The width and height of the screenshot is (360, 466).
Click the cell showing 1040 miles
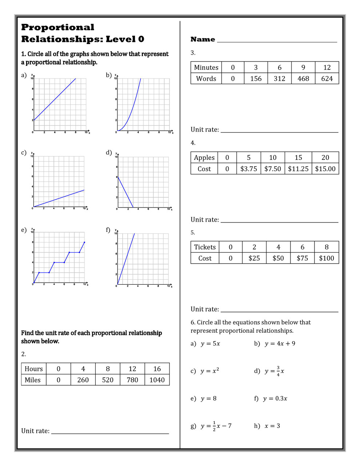(x=157, y=380)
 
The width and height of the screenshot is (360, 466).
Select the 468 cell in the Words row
(x=303, y=79)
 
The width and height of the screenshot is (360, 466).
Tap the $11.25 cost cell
(x=298, y=169)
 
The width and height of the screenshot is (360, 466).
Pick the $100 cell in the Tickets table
(x=327, y=258)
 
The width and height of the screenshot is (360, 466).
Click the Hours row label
(x=33, y=369)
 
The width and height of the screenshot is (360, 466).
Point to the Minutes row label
(x=206, y=67)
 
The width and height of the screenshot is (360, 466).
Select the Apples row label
(x=204, y=158)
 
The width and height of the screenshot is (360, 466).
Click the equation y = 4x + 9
(x=280, y=344)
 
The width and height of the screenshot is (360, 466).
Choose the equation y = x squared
(x=210, y=371)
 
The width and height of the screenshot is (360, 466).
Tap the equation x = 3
(x=272, y=426)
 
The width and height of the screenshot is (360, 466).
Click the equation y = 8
(x=209, y=399)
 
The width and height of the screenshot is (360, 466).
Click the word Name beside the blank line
(x=203, y=39)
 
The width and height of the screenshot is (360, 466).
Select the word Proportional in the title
(x=58, y=27)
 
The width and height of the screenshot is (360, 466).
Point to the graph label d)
(x=109, y=153)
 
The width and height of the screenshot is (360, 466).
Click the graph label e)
(x=24, y=230)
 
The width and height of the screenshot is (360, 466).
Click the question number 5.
(x=193, y=233)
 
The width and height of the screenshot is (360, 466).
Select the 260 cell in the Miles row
(x=83, y=380)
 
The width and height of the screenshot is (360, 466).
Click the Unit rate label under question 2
(x=35, y=431)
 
